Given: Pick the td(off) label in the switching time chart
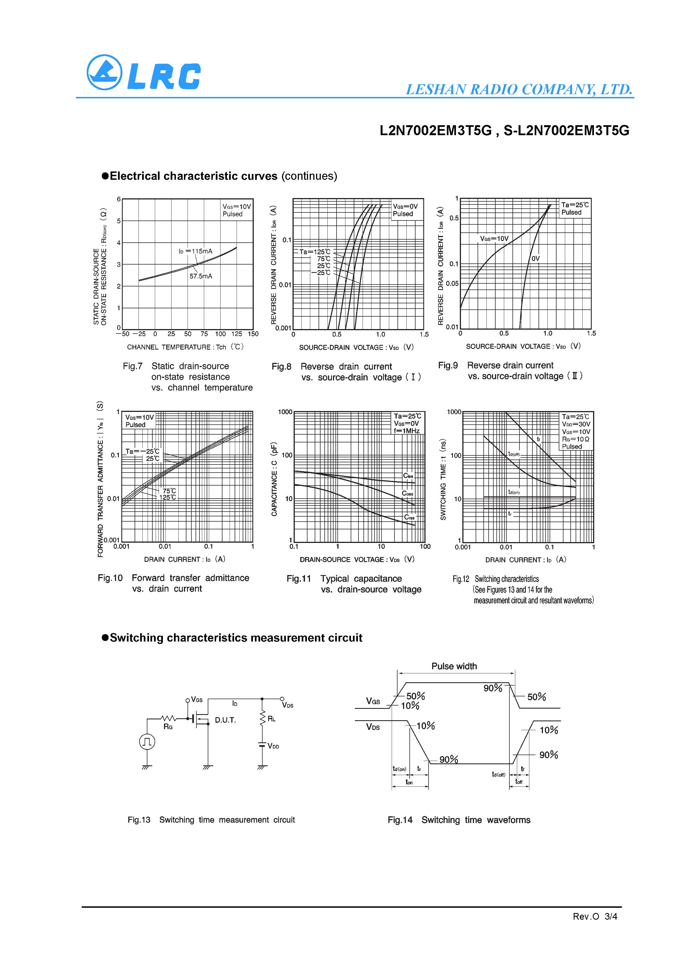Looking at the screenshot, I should click(x=514, y=454).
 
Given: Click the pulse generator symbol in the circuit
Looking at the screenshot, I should click(x=147, y=741).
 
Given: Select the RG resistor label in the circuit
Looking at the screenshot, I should click(x=168, y=727).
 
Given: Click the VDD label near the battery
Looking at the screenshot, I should click(x=273, y=746).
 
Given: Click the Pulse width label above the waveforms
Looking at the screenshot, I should click(x=454, y=666).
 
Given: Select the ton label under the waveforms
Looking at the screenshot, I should click(x=409, y=782).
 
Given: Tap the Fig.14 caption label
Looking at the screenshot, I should click(x=399, y=820).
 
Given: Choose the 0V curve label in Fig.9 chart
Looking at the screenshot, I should click(x=535, y=258).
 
